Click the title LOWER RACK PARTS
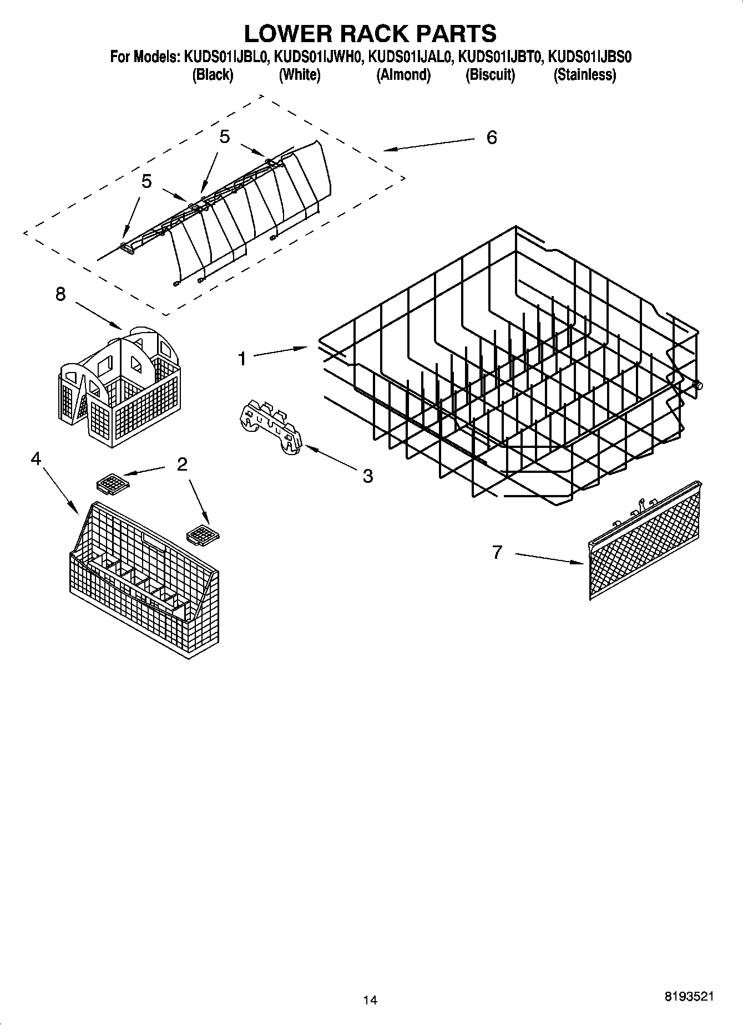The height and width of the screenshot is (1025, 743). click(x=370, y=34)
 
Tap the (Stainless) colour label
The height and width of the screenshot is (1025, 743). click(x=584, y=75)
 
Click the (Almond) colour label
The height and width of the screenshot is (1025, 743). click(x=403, y=75)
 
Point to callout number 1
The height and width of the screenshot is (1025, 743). click(x=242, y=359)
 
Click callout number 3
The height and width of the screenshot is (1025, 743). click(x=367, y=476)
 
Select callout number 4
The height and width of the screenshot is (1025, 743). click(x=36, y=459)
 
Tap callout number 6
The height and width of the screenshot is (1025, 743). click(x=492, y=137)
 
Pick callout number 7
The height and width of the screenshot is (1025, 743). click(x=497, y=552)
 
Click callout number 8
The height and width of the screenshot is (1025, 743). click(x=60, y=294)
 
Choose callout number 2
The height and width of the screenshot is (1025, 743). click(x=182, y=464)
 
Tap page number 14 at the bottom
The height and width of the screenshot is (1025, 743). click(x=370, y=1000)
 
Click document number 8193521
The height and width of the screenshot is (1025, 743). click(x=688, y=996)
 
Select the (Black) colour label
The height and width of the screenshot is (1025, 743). click(x=213, y=75)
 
